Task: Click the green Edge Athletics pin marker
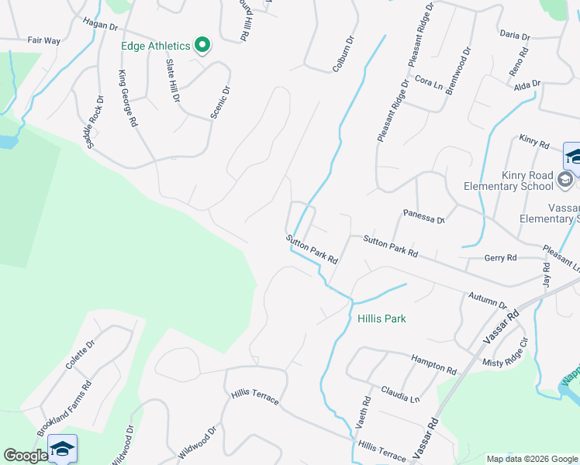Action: [202, 45]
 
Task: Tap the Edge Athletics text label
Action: [156, 45]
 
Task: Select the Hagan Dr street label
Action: [98, 26]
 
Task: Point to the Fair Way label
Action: [43, 40]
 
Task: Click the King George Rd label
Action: [129, 98]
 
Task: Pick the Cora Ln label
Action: [427, 80]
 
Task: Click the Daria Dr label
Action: [515, 36]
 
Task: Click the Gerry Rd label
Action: [500, 257]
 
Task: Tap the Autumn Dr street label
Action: [487, 300]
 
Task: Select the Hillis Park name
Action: [381, 319]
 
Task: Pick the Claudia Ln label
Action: [400, 394]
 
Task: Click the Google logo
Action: [26, 456]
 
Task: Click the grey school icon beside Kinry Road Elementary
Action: [565, 180]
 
